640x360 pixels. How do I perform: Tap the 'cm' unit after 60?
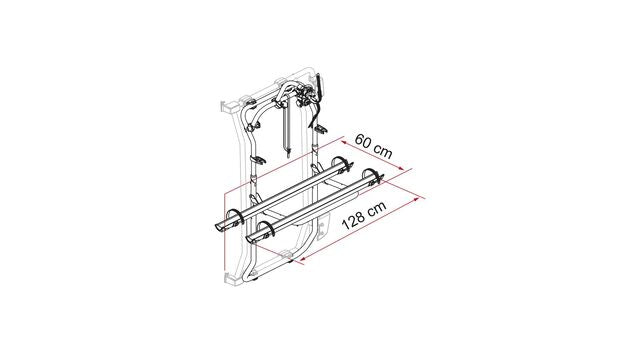point(383,151)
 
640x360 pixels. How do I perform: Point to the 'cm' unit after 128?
point(377,209)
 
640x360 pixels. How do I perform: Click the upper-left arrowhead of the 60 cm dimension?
point(344,142)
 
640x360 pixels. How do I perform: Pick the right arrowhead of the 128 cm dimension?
point(417,199)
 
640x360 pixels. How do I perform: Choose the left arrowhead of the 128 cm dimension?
point(303,259)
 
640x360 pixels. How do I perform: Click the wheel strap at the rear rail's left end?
point(235,218)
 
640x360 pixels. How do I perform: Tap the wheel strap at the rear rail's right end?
point(343,164)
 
